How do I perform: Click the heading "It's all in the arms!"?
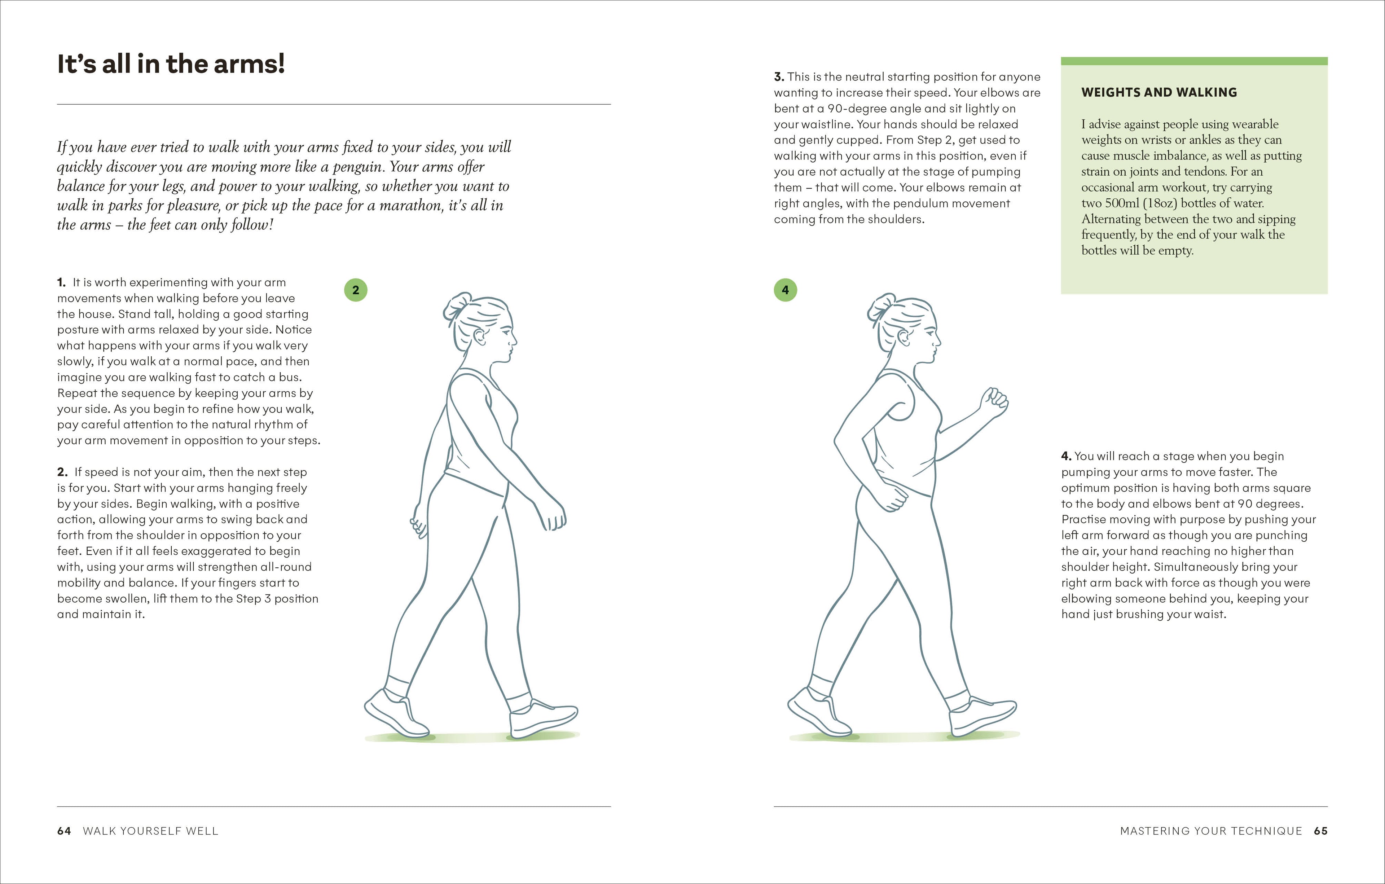point(171,64)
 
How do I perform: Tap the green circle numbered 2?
point(356,290)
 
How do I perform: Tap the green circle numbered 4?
point(785,290)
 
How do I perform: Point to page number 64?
point(64,831)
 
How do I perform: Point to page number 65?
point(1320,831)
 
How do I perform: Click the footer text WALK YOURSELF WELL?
point(151,831)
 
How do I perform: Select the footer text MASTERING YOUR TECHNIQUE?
point(1211,831)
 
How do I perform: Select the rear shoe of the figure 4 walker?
point(817,713)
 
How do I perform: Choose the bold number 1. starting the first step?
point(61,282)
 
